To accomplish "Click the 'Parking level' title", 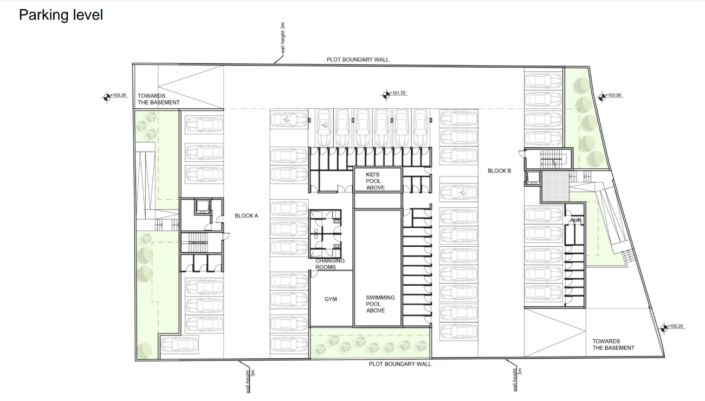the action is [x=61, y=15].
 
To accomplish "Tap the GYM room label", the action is [x=331, y=299].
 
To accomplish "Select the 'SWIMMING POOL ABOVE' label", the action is [x=380, y=304].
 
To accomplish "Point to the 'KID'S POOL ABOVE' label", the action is [x=375, y=181].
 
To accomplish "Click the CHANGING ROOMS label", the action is [x=330, y=264].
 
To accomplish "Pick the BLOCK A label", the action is [x=247, y=216].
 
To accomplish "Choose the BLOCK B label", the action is [x=499, y=171].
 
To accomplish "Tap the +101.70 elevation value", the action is [x=398, y=93].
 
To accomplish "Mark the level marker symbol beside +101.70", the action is [x=386, y=95].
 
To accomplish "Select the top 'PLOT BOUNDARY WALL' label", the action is [x=358, y=60].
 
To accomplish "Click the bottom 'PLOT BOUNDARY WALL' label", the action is [x=400, y=364].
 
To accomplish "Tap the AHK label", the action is [x=575, y=220].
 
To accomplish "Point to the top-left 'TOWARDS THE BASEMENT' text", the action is [x=159, y=100].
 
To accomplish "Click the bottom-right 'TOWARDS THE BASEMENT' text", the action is [x=613, y=345].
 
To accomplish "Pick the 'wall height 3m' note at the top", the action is [x=283, y=38].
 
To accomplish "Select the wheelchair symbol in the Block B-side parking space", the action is [x=462, y=192].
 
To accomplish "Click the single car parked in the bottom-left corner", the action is [x=179, y=345].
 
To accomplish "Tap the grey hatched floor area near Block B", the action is [x=555, y=186].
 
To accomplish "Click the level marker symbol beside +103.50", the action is [x=601, y=97].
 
